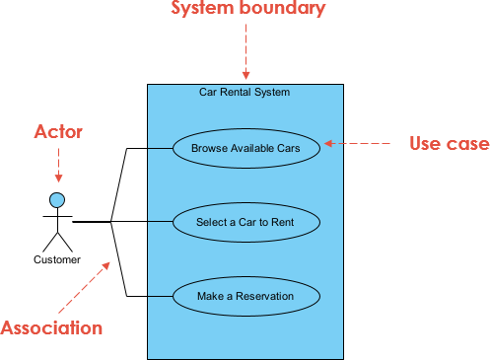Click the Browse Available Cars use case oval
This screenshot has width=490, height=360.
(245, 148)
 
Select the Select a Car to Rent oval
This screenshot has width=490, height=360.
(245, 222)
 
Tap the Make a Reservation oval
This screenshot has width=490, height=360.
(245, 296)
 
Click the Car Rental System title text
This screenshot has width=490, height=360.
(245, 92)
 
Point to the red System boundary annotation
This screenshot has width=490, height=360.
(247, 10)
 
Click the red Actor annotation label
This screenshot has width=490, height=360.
(59, 130)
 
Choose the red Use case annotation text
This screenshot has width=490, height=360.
(449, 144)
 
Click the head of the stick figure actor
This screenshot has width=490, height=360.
(58, 200)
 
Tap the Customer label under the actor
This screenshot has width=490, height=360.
(57, 260)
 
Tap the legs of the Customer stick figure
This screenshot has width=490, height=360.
(58, 241)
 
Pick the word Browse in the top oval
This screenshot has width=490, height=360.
(208, 148)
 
